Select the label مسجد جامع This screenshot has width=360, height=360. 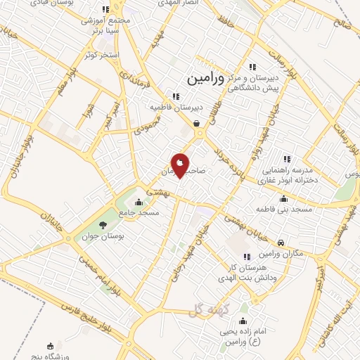pyautogui.click(x=139, y=212)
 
